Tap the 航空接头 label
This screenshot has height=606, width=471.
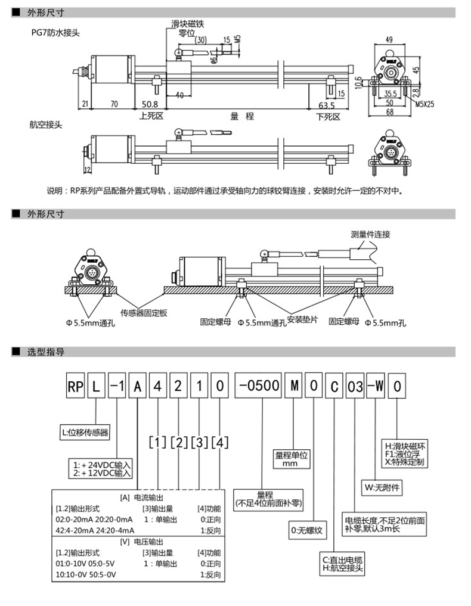click(45, 126)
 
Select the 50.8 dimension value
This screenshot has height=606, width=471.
click(150, 104)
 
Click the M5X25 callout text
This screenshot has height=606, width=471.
click(425, 102)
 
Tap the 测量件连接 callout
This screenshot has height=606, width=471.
click(371, 235)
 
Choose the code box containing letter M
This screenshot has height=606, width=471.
click(293, 386)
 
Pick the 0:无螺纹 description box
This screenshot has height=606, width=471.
click(308, 529)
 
